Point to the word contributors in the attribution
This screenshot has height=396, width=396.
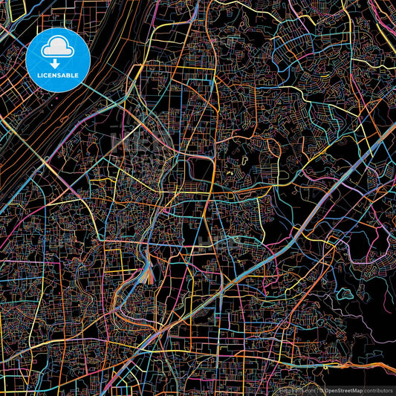tap(378, 389)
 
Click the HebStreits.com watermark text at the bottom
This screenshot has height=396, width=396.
tap(295, 389)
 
